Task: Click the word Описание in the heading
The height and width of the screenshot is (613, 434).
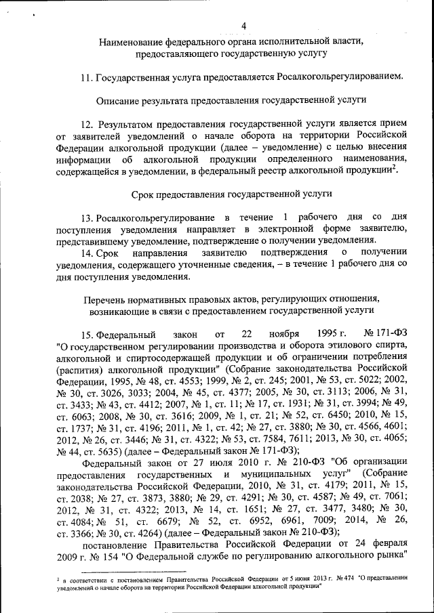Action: click(x=119, y=100)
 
